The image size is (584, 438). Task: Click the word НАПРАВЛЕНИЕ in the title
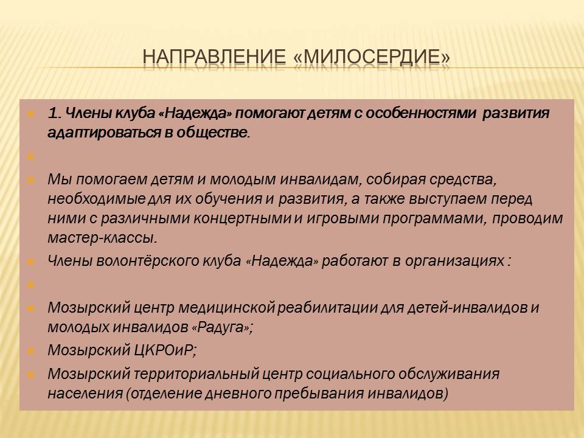[x=214, y=57]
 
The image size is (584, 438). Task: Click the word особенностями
[x=421, y=113]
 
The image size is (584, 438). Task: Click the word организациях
[x=454, y=261]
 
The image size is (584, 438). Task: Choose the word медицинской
[x=226, y=308]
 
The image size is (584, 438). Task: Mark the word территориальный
[x=196, y=374]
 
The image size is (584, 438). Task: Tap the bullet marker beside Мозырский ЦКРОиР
[x=31, y=351]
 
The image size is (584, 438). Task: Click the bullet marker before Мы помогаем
[x=31, y=180]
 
